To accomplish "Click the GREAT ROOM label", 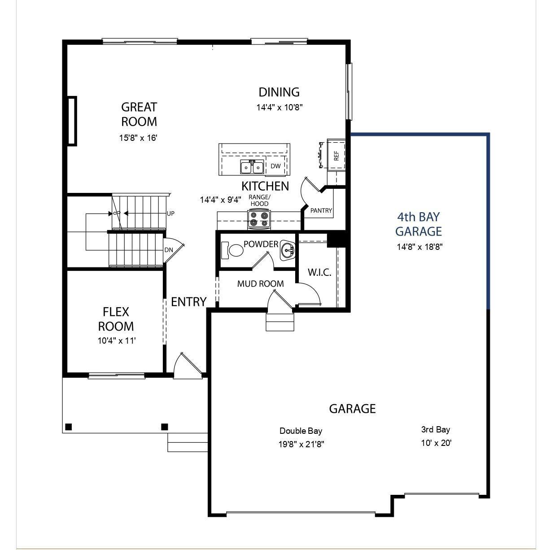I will [139, 114].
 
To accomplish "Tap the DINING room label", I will [279, 92].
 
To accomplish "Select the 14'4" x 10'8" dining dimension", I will [279, 108].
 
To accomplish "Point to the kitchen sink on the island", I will [252, 167].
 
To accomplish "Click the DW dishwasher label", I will [275, 166].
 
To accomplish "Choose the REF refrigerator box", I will [336, 155].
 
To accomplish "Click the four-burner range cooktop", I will [259, 218].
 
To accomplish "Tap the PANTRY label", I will [321, 210].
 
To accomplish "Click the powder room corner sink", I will [287, 250].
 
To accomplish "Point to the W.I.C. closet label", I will [319, 272].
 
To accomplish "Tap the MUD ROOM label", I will [260, 284].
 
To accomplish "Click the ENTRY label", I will [188, 302].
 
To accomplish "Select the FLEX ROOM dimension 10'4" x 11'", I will [117, 341].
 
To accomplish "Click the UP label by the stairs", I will [170, 214].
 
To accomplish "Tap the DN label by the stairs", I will [169, 250].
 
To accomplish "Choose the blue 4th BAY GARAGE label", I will [418, 224].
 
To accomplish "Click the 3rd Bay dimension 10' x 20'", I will [436, 443].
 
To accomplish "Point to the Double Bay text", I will [301, 431].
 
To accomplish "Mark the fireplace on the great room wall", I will [72, 121].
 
